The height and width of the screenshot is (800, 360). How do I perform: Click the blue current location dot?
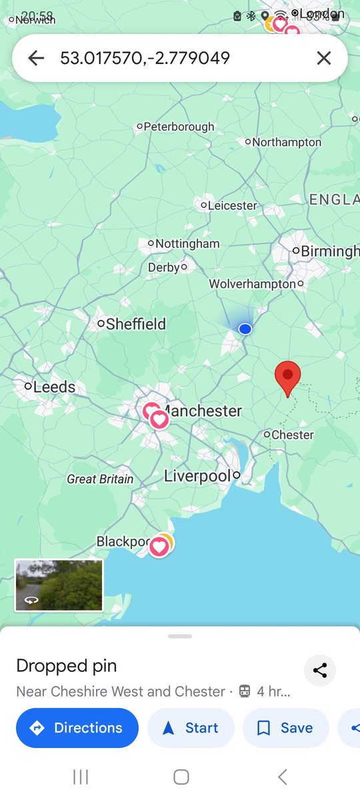pos(245,329)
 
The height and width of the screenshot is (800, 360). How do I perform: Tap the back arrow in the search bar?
pos(36,58)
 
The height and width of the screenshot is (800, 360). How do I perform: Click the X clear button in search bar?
pos(323,58)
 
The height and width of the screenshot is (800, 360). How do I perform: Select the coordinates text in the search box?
pos(145,58)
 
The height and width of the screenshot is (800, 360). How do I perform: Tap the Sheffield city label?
pos(135,324)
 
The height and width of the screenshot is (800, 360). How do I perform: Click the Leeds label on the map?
pos(53,387)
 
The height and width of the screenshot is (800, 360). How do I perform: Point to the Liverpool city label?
pos(198,476)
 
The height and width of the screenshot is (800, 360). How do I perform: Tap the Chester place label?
pos(292,435)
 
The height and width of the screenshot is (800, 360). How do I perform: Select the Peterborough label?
pos(179,126)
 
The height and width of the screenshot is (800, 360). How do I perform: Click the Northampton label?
pos(286,142)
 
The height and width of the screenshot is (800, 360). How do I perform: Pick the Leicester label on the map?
pos(232,205)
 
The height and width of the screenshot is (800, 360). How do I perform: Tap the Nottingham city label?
pos(187,243)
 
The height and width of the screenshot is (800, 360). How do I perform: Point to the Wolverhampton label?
pos(252,284)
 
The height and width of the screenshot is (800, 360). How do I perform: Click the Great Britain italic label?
pos(100,479)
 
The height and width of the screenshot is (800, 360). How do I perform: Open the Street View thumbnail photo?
pos(59,585)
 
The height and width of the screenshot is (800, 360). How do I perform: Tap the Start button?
pos(191,728)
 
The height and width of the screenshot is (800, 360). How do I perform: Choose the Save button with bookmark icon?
pos(286,728)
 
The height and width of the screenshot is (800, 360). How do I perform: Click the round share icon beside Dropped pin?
pos(320,671)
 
